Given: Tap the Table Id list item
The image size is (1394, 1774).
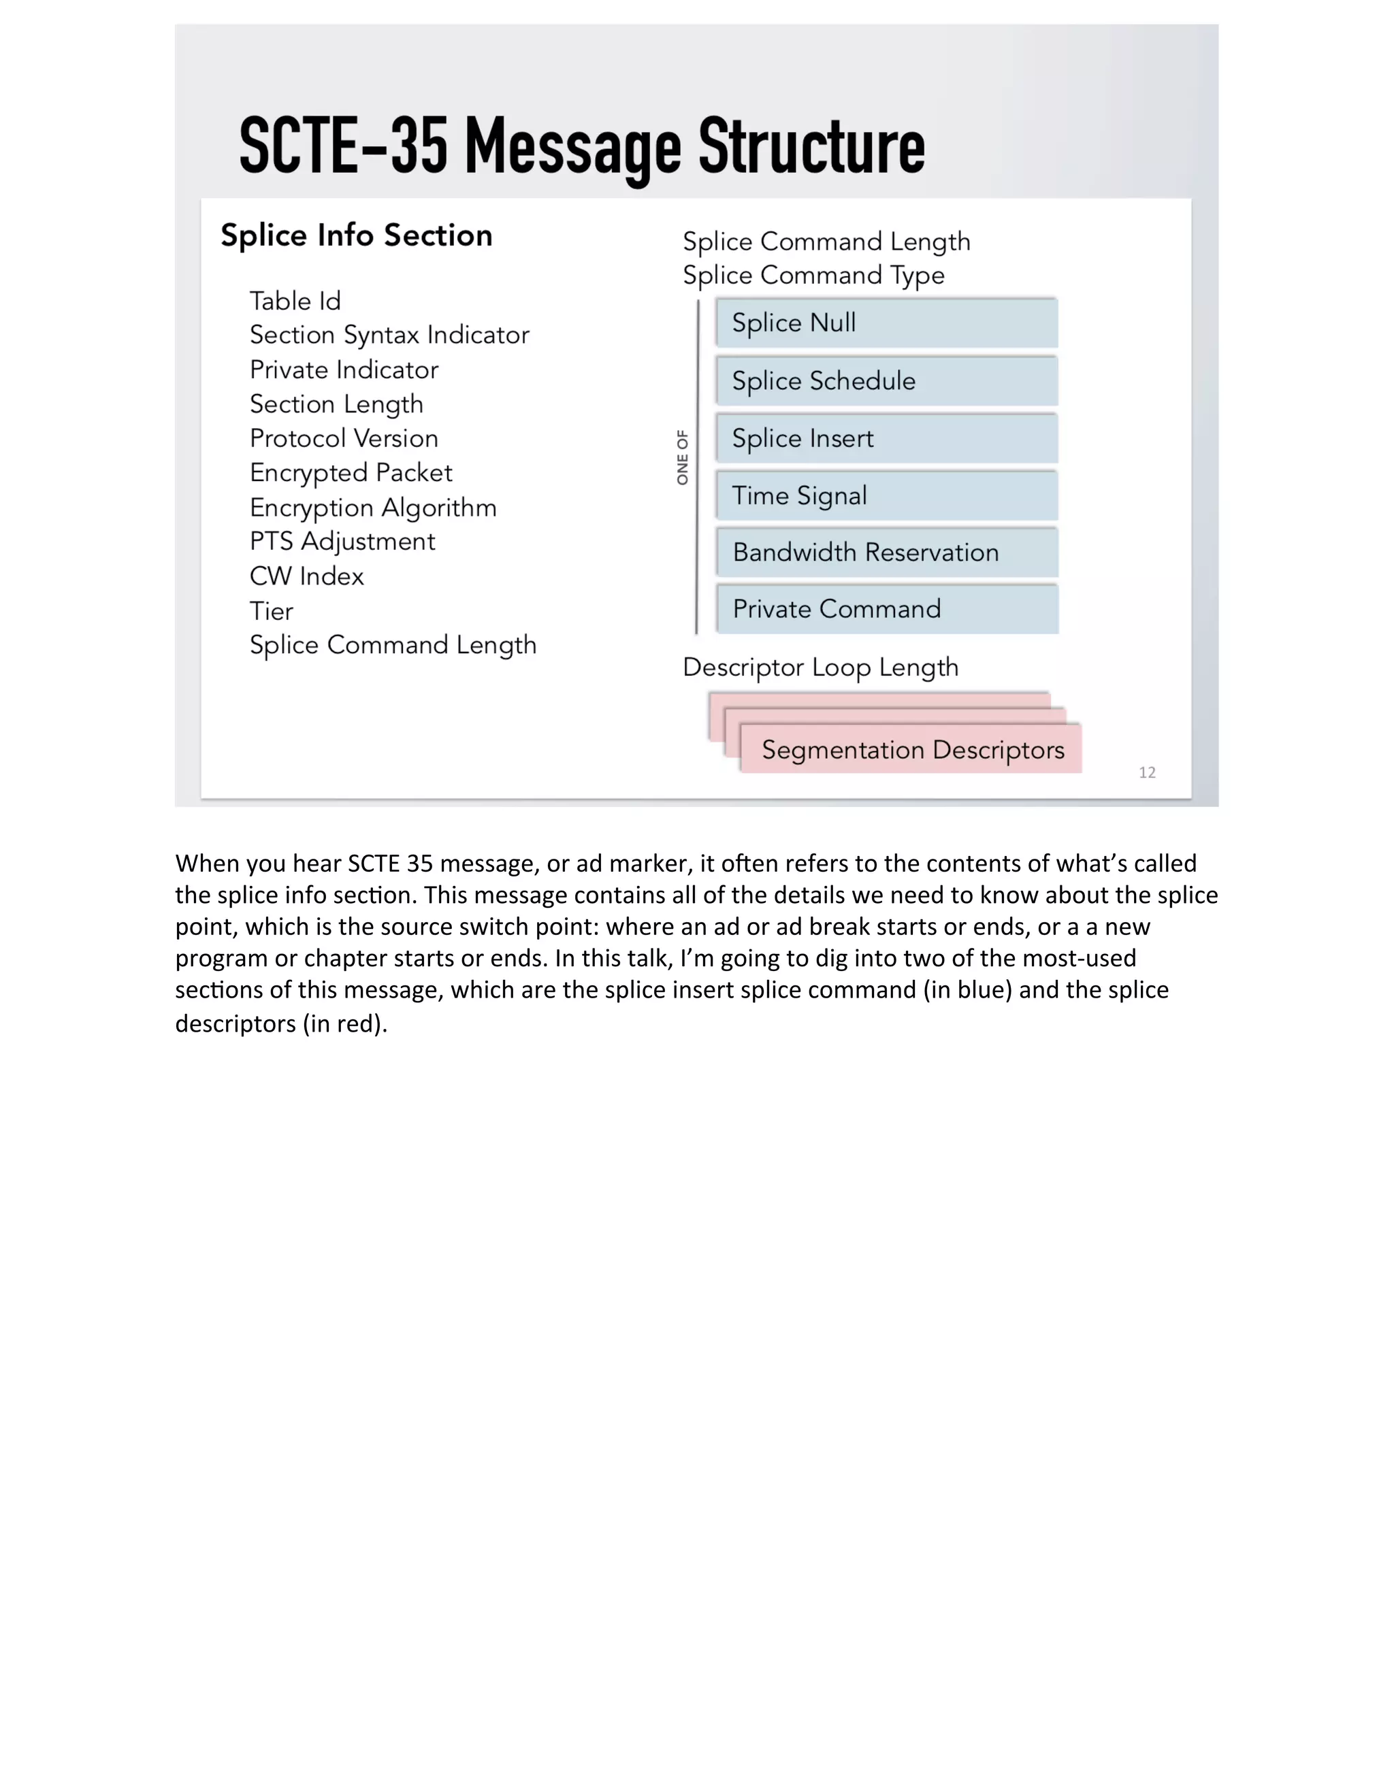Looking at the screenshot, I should pos(295,301).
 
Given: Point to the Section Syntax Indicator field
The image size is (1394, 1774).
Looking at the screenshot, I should pos(389,335).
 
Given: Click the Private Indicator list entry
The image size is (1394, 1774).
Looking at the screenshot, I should pos(344,369).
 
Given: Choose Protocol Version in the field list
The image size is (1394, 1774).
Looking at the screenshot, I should pos(344,438).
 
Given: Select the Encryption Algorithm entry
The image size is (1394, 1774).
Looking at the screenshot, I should pos(373,508).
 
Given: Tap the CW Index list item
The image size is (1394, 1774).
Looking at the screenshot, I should pos(306,576).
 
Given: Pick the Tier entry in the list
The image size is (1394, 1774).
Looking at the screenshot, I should pos(271,611).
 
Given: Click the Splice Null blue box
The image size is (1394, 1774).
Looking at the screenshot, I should pos(886,323).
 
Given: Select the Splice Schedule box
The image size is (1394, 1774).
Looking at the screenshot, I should pos(886,381).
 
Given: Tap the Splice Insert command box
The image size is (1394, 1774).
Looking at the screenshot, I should pos(886,439).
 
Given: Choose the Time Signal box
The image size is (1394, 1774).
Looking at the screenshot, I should pos(886,496).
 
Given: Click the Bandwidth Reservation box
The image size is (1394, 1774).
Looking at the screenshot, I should pos(886,553).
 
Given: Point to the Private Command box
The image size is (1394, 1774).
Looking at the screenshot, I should pos(886,609).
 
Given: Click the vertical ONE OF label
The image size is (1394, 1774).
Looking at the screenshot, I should pos(682,457).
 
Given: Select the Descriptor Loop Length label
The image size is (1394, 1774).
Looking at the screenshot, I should pos(820,668).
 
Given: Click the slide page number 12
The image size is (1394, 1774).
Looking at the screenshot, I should pos(1147,772).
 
